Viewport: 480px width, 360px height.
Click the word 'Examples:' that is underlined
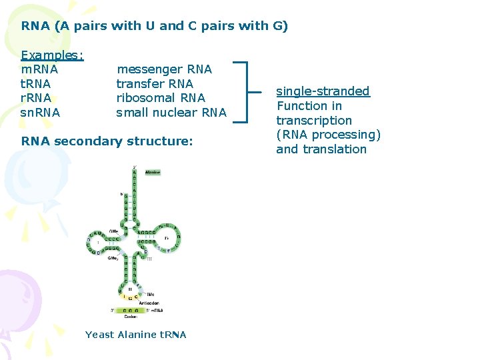(52, 55)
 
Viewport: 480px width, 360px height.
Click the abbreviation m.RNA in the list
(39, 69)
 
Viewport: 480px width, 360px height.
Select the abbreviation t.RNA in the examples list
(36, 84)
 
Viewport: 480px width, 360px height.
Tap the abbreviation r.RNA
(36, 98)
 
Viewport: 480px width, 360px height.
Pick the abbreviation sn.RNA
(40, 113)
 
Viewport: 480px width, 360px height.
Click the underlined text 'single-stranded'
(323, 91)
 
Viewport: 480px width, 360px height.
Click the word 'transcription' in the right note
(314, 121)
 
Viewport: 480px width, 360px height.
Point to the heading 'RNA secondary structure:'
(107, 141)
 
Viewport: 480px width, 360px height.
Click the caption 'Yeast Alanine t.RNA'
(135, 335)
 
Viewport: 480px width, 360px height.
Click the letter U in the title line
(151, 26)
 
